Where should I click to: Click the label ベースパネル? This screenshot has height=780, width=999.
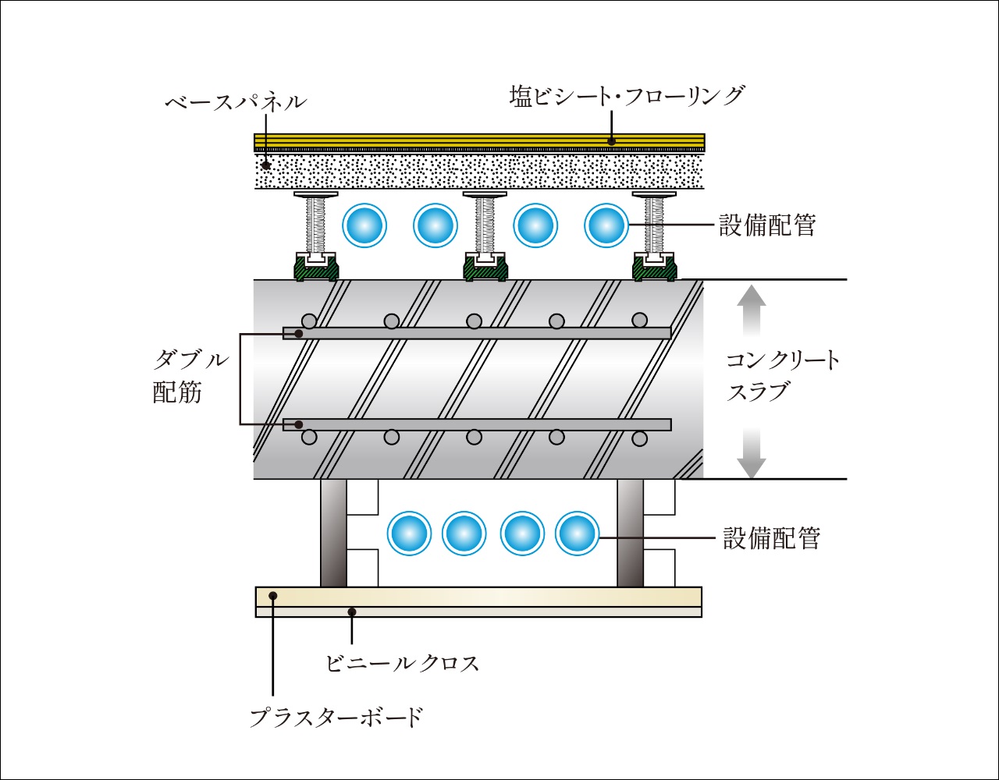pos(236,102)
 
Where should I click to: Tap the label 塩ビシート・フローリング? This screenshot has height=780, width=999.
pos(627,96)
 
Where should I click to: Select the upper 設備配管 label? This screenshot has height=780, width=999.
pos(766,226)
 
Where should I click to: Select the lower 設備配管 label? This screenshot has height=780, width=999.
pos(771,538)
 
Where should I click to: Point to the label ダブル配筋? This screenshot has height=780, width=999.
pos(190,376)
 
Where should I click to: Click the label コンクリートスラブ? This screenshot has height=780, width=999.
pos(783,375)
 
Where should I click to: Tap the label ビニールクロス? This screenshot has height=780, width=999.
pos(402,663)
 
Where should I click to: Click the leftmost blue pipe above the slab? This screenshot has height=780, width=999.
pos(364,226)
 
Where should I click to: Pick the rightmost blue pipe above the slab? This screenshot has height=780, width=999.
pos(606,226)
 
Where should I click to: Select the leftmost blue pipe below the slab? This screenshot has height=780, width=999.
pos(410,534)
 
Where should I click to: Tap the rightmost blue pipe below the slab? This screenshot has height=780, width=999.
pos(577,534)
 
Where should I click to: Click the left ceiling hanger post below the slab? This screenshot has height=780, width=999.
pos(333,533)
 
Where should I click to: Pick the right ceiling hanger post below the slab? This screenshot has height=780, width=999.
pos(631,533)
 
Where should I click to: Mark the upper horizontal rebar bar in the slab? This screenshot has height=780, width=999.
pos(476,333)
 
